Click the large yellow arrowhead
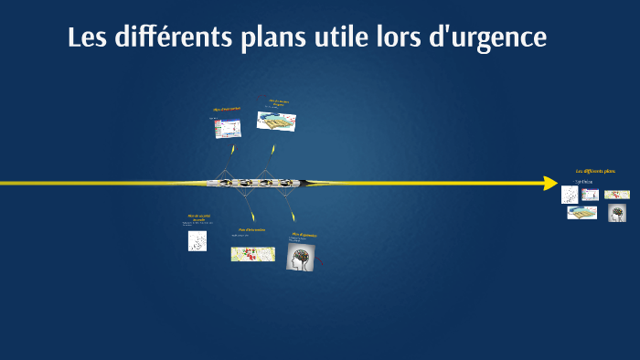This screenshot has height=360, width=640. coord(549,183)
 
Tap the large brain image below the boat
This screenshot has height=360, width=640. coord(301,257)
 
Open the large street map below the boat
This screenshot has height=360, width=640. coord(252,253)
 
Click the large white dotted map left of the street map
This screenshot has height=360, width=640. coord(197,240)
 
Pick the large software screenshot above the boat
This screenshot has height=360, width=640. coord(227,129)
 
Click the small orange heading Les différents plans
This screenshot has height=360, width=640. coord(595,172)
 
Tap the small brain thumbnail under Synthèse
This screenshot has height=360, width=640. coord(617,213)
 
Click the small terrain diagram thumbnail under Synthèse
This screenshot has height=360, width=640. coord(581,212)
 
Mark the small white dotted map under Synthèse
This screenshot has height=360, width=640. coord(570,194)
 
